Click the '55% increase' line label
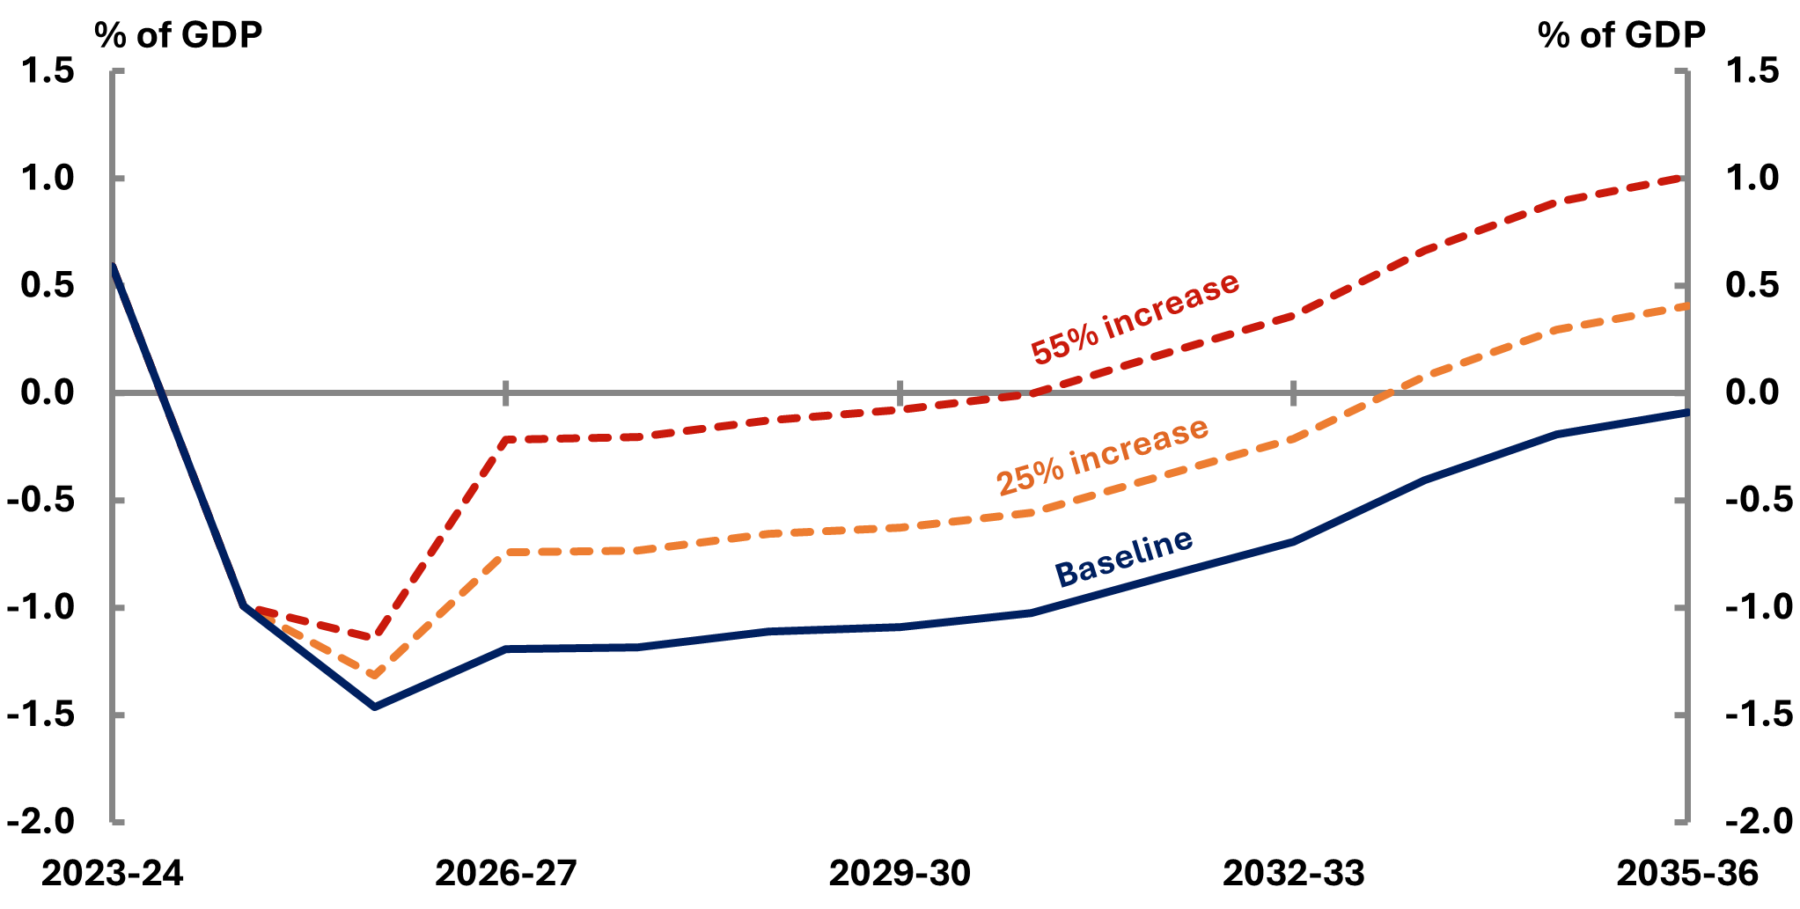point(1135,317)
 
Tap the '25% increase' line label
point(1102,456)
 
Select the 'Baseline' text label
point(1123,558)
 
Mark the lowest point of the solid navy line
point(375,707)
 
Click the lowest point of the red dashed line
point(375,636)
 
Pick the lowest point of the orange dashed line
point(375,675)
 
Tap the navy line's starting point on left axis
point(114,266)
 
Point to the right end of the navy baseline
point(1686,412)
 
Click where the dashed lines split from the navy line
point(245,606)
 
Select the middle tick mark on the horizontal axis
point(900,392)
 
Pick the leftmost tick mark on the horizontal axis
point(506,392)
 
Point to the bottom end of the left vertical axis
point(114,823)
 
